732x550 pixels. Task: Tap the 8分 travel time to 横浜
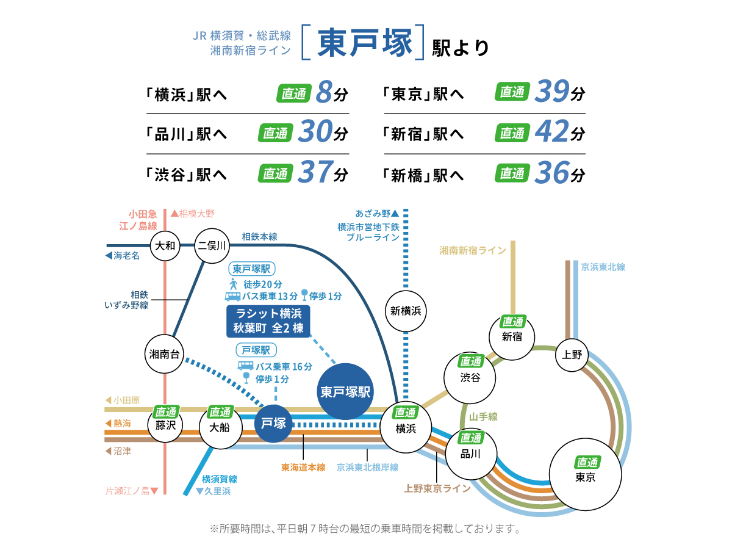(x=332, y=93)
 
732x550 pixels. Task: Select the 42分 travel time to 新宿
(x=559, y=132)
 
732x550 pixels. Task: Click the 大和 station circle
(x=165, y=246)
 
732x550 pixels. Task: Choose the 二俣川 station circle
(x=211, y=246)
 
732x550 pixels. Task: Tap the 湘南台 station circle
(x=164, y=353)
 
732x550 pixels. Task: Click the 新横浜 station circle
(x=406, y=311)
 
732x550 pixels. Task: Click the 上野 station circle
(x=573, y=355)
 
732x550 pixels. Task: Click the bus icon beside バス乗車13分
(x=232, y=296)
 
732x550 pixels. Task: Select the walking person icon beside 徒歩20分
(x=232, y=284)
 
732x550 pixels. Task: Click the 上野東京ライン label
(x=437, y=488)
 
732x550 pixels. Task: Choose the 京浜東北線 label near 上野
(x=603, y=267)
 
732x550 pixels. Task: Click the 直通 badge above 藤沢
(x=165, y=412)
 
